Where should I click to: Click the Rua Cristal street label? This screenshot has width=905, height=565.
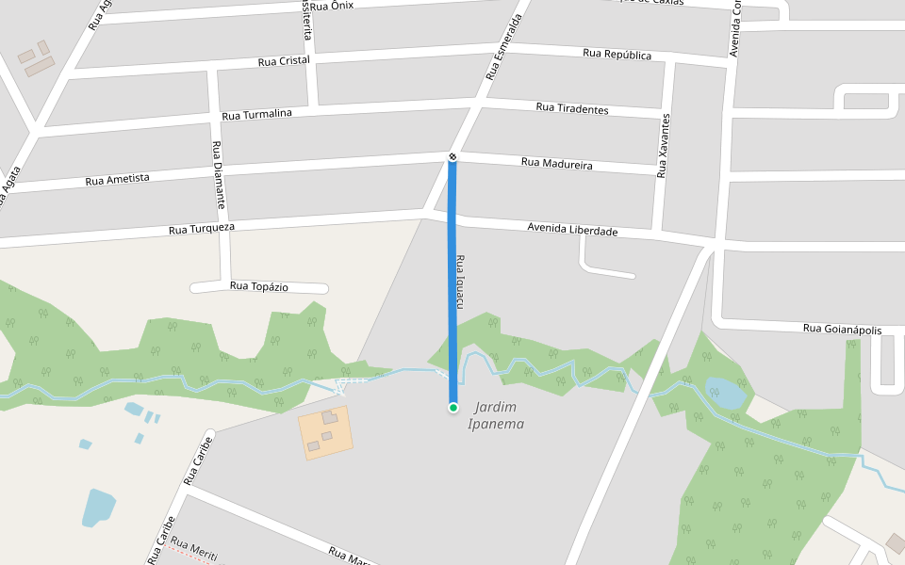click(284, 61)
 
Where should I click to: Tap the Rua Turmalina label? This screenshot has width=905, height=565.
click(256, 115)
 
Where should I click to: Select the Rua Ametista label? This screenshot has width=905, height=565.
click(117, 179)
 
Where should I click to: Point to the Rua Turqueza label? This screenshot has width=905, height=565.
click(201, 229)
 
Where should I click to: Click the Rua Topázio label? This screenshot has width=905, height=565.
click(259, 286)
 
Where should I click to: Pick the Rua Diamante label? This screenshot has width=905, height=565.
click(219, 174)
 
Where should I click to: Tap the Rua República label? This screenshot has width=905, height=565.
click(617, 55)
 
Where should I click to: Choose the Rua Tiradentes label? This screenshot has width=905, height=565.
click(572, 108)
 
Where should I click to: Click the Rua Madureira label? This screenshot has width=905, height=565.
click(556, 164)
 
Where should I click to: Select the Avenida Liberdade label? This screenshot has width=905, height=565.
click(572, 230)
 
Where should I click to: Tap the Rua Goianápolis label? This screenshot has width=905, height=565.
click(842, 329)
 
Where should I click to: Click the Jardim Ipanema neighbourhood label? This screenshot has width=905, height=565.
click(496, 415)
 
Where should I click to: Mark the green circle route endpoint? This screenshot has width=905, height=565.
click(453, 407)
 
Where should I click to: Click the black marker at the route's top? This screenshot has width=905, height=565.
click(452, 155)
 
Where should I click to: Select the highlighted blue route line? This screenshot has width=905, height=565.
click(452, 282)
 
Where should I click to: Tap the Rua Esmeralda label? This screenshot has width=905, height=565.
click(503, 47)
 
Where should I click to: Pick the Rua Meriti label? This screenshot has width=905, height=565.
click(194, 549)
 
